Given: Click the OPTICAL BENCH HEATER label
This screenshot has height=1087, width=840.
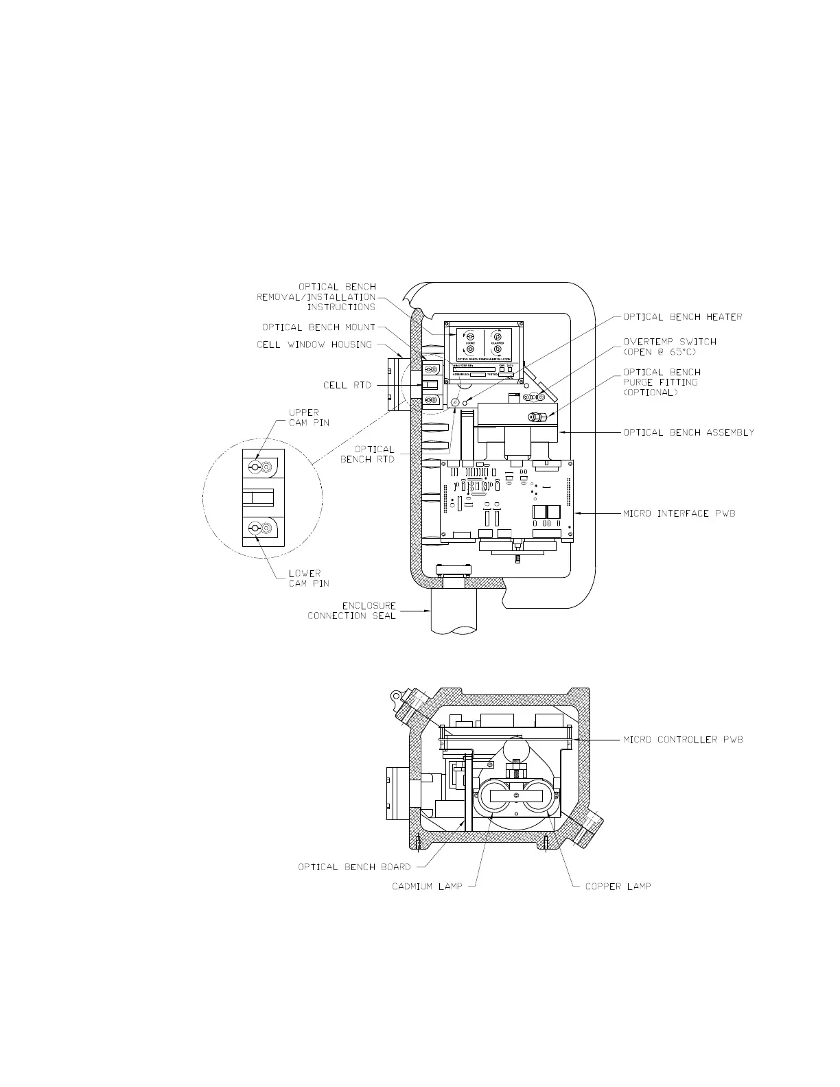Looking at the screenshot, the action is pos(682,317).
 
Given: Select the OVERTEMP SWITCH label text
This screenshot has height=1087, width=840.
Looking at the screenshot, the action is pos(669,342).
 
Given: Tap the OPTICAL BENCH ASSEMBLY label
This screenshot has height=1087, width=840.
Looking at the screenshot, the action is pos(688,432).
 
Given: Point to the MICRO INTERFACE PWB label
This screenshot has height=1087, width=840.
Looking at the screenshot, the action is pos(679,513).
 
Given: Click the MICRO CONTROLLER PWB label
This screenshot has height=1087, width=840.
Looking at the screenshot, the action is pos(683,740).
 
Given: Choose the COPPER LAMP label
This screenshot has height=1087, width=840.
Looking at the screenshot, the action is pos(618,886).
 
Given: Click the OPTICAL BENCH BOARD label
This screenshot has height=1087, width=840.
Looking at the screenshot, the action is pos(354,867).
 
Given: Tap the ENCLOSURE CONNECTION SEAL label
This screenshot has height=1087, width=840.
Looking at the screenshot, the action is pos(351,611).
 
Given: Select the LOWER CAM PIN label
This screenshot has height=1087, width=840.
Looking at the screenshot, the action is pos(308,578).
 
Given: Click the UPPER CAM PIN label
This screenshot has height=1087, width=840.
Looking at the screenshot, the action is pos(308,417).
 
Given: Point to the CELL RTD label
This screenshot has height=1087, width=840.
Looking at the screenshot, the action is pos(347,385).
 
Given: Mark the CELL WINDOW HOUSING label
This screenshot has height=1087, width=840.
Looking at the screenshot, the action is pos(314,344).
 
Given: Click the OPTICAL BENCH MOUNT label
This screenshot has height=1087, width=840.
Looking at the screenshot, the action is pos(318,327).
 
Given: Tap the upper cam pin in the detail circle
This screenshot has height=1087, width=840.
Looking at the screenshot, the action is pos(254,467).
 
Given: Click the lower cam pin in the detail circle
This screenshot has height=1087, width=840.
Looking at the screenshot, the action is pos(254,528).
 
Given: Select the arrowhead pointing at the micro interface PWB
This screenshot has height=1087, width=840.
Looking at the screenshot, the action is pos(578,513).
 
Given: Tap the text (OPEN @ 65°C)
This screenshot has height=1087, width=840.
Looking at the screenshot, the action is pos(660,352).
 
